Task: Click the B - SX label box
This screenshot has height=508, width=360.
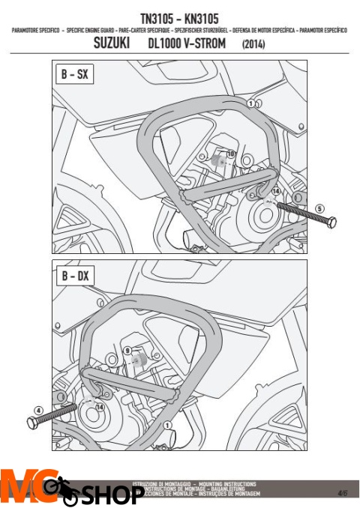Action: [x=73, y=76]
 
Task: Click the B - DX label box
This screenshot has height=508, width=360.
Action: [x=73, y=276]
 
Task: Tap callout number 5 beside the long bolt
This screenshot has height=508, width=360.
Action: [x=319, y=208]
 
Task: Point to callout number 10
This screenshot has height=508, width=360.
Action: [x=230, y=154]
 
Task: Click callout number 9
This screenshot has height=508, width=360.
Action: [x=127, y=350]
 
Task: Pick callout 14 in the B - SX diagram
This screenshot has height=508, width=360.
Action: [x=274, y=192]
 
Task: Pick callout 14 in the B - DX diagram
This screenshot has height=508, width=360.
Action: [x=100, y=406]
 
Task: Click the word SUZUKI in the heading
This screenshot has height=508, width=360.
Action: [x=115, y=44]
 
